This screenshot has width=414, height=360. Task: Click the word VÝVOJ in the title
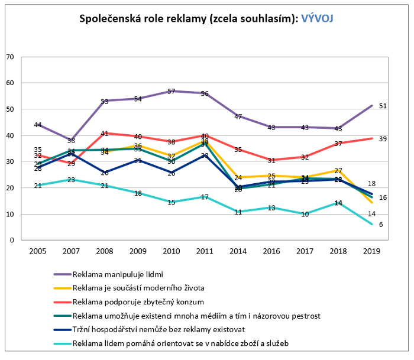click(317, 18)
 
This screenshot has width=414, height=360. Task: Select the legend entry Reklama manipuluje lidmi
click(117, 274)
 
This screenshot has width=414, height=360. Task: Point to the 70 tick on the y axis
click(9, 57)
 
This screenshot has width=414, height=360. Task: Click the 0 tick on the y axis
click(11, 241)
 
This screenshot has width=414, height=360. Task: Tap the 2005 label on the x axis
click(37, 251)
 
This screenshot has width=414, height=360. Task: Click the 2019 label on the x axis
click(371, 251)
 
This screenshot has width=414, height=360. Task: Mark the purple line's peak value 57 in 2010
click(171, 92)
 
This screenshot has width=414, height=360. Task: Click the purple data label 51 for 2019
click(383, 106)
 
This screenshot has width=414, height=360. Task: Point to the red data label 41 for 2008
click(104, 134)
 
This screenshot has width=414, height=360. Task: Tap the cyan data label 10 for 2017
click(305, 215)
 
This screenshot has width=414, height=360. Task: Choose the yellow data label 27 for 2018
click(338, 171)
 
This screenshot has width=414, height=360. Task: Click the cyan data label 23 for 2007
click(70, 180)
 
